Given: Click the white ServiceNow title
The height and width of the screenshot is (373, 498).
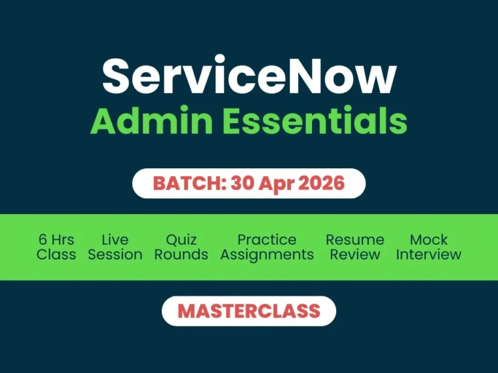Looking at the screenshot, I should pyautogui.click(x=249, y=77).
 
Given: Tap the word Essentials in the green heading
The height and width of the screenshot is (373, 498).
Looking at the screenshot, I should pyautogui.click(x=309, y=121).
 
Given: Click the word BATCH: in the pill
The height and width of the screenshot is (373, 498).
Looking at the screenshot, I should pyautogui.click(x=189, y=183).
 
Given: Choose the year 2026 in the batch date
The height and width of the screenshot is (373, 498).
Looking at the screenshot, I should pyautogui.click(x=321, y=183).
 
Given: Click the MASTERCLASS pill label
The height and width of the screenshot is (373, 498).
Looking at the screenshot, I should pyautogui.click(x=249, y=311).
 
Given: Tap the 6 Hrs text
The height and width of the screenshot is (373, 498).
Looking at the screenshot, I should pyautogui.click(x=56, y=240).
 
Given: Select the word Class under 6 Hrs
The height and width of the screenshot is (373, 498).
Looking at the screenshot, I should pyautogui.click(x=56, y=255).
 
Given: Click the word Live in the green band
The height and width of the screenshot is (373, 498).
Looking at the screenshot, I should pyautogui.click(x=115, y=240).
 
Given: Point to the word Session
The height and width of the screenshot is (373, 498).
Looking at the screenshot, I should pyautogui.click(x=115, y=255).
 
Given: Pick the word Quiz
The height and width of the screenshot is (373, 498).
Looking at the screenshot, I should pyautogui.click(x=181, y=240).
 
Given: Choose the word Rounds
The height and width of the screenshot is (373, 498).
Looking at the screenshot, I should pyautogui.click(x=181, y=255).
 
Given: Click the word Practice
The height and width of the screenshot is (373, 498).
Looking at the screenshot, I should pyautogui.click(x=267, y=240).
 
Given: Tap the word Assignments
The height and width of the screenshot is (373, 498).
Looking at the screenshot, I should pyautogui.click(x=267, y=255).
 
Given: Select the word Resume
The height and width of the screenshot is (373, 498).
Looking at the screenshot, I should pyautogui.click(x=354, y=240).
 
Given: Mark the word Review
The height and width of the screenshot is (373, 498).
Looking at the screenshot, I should pyautogui.click(x=354, y=255).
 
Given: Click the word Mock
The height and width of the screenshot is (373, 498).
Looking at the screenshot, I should pyautogui.click(x=429, y=240).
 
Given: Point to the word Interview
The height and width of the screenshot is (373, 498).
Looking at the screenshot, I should pyautogui.click(x=429, y=255).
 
